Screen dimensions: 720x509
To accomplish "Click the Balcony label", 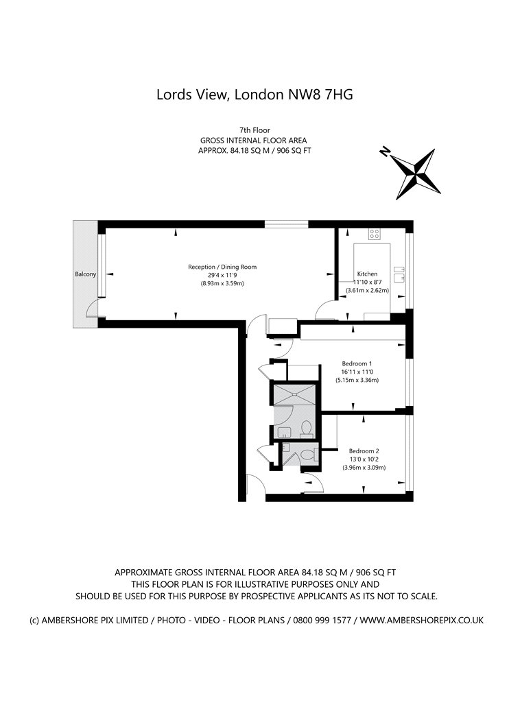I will pos(85,274).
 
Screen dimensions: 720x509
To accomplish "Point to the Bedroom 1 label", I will pos(357,363).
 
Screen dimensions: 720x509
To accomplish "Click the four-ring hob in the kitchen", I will pos(375,233).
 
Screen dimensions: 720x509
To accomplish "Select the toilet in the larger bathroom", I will pos(307,429).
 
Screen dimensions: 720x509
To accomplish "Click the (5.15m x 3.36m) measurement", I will pos(357,380).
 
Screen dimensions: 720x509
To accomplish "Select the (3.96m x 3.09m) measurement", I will pos(364,467).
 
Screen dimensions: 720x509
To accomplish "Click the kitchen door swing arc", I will pos(322,313).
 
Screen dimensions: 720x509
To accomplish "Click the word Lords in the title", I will pos(176,95).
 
